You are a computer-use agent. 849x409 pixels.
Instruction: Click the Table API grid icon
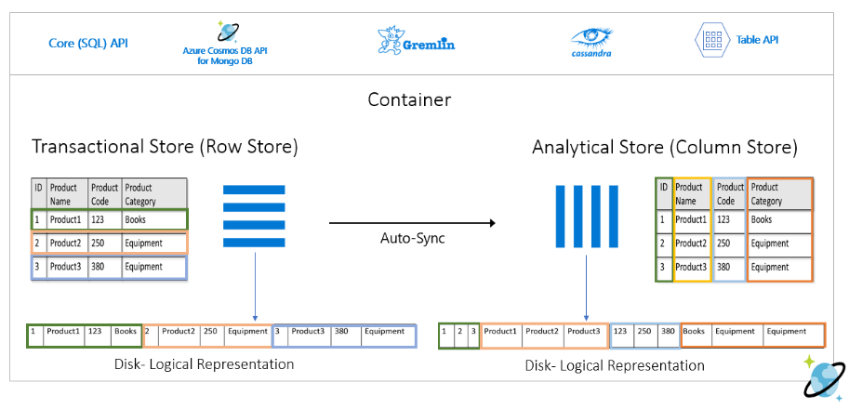click(710, 40)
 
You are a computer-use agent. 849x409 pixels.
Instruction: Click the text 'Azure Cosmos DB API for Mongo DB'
click(225, 55)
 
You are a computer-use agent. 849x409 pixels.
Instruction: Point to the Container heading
click(408, 99)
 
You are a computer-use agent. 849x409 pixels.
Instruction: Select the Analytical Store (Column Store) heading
click(664, 147)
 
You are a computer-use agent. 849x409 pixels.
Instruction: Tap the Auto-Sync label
click(412, 238)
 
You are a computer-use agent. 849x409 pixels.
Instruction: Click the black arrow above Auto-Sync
click(412, 223)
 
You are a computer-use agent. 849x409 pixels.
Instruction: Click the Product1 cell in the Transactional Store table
click(66, 220)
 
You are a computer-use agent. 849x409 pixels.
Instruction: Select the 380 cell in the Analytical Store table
click(729, 267)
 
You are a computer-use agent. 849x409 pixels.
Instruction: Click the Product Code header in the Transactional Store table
click(104, 194)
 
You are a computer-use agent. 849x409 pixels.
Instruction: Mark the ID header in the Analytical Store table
click(664, 187)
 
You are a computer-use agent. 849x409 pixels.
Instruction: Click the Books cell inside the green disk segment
click(126, 332)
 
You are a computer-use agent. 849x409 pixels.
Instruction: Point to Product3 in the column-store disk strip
click(584, 332)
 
